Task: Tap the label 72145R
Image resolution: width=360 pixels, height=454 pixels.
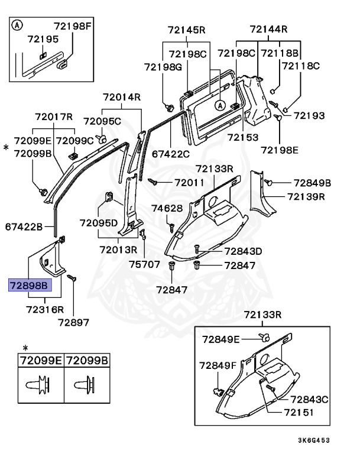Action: point(186,29)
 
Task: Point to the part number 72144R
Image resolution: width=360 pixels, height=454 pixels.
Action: point(268,29)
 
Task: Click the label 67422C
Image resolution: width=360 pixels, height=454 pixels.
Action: point(171,154)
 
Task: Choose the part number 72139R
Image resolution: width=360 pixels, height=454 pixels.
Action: point(306,196)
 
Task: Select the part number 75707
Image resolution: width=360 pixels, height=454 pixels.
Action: point(145,264)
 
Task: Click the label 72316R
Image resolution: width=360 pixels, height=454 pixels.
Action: point(45,309)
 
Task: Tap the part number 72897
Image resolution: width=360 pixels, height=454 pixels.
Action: point(73,322)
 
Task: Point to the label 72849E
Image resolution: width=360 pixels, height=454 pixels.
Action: point(221,339)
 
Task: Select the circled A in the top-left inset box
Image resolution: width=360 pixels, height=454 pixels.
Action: point(18,25)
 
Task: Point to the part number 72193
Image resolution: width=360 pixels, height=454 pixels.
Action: point(307,116)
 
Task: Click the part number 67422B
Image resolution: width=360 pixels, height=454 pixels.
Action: point(24,226)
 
